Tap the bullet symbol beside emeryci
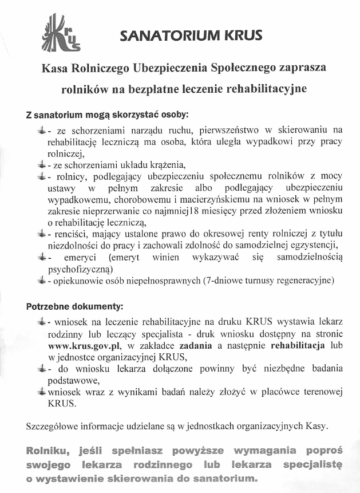pos(41,257)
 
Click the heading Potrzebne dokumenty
pos(75,306)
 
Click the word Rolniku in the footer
pos(46,451)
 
